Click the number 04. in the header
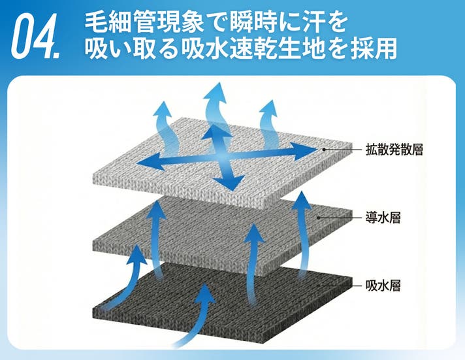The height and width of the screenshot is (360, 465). [x=35, y=37]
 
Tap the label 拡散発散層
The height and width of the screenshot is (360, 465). [x=394, y=149]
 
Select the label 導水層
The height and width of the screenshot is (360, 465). [x=383, y=218]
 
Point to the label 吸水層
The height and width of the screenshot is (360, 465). [x=383, y=286]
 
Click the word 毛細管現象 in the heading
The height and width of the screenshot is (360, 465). [x=144, y=22]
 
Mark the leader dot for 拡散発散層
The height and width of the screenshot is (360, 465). [x=324, y=149]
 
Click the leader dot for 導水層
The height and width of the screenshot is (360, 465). [x=318, y=218]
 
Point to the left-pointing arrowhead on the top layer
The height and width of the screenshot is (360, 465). [x=150, y=162]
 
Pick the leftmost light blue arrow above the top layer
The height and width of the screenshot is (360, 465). [x=165, y=127]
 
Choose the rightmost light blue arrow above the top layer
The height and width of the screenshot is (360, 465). [x=268, y=125]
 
